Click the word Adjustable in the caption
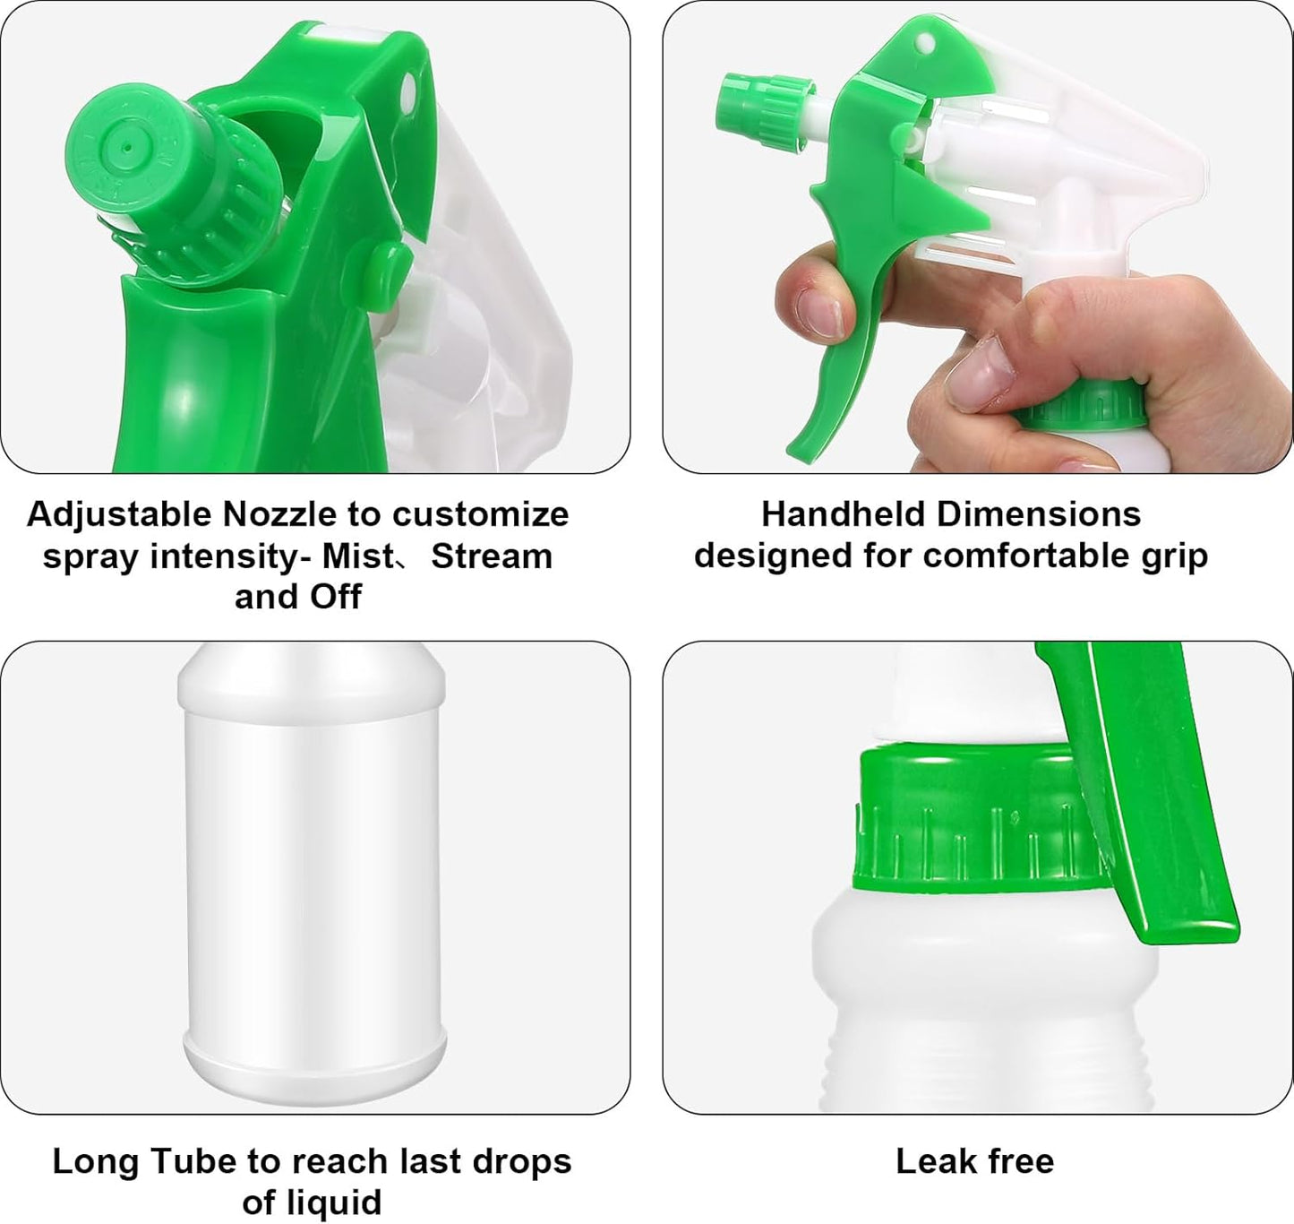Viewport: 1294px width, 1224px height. point(119,514)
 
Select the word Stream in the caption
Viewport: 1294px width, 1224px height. point(492,556)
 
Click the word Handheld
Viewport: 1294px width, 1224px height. point(840,514)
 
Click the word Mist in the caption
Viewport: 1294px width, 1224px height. point(358,556)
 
